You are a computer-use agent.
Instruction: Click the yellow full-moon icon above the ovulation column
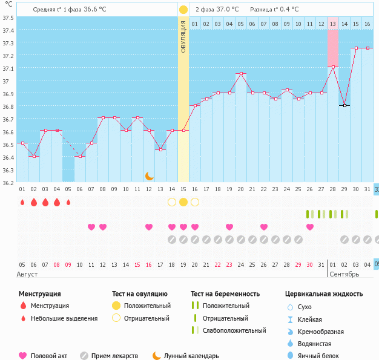183,10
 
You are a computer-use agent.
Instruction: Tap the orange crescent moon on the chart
149,176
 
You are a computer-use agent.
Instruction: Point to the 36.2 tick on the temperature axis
8,182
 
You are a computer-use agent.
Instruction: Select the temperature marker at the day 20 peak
241,74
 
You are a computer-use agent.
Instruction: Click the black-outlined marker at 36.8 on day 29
344,105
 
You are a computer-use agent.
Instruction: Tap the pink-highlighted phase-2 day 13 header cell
333,24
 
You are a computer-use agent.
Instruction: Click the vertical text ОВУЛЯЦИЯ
183,36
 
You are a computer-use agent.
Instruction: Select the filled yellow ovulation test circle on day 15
183,202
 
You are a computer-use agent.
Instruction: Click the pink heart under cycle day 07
91,227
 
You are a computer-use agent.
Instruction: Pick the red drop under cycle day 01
22,202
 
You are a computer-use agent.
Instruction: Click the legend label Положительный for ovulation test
147,306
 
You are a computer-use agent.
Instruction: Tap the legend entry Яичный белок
323,356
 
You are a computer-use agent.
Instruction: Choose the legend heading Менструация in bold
39,294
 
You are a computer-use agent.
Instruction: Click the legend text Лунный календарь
191,356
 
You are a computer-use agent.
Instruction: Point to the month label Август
27,274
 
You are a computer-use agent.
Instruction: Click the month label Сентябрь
343,274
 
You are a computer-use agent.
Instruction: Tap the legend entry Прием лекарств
114,356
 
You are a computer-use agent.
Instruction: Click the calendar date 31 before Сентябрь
321,265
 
